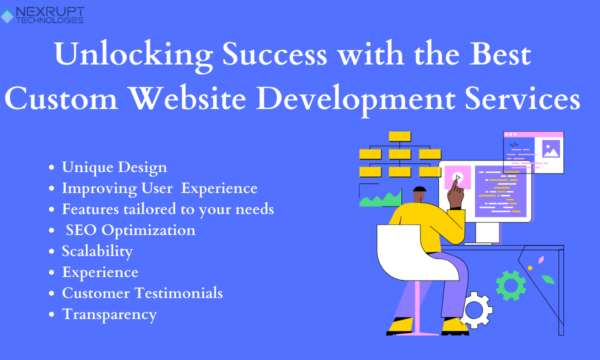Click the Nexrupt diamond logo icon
click(x=6, y=15)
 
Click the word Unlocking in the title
click(x=133, y=55)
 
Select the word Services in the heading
click(x=522, y=98)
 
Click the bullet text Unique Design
click(x=114, y=167)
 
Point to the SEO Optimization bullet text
click(x=130, y=230)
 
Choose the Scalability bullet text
click(x=97, y=251)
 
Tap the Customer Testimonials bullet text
click(x=142, y=293)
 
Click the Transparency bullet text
click(x=109, y=314)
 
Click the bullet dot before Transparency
click(x=51, y=314)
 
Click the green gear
click(x=511, y=285)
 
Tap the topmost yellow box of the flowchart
click(x=399, y=136)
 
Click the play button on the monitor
click(x=458, y=177)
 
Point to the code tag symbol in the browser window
click(x=513, y=145)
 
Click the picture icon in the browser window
click(x=551, y=148)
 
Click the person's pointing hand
click(x=456, y=194)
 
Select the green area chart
click(x=380, y=198)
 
